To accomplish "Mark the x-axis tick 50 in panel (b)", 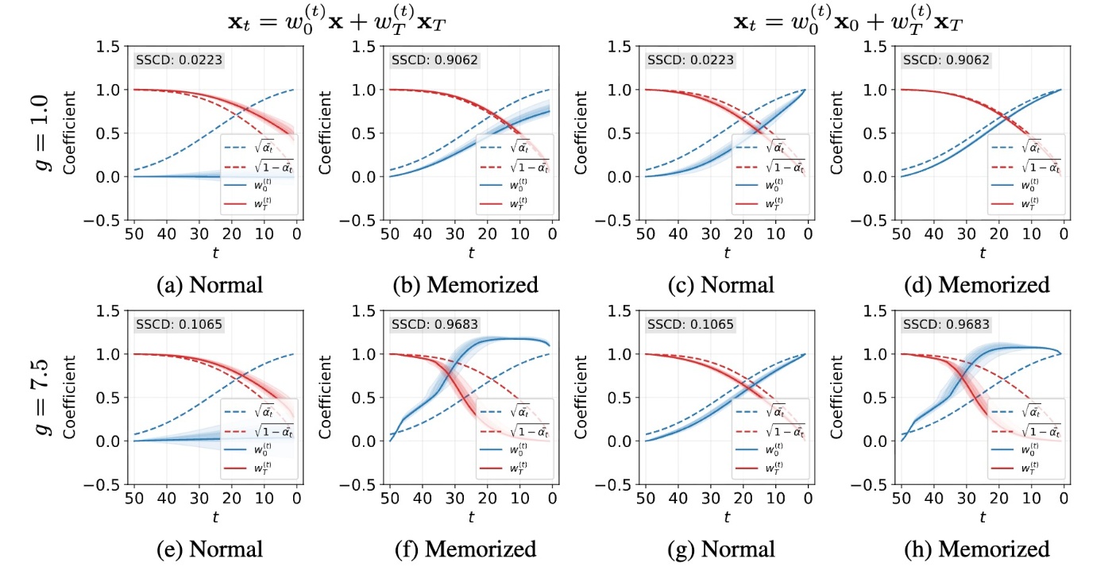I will [x=389, y=234].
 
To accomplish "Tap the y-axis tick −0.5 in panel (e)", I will [x=106, y=483].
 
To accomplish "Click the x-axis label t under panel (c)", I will [x=726, y=253].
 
